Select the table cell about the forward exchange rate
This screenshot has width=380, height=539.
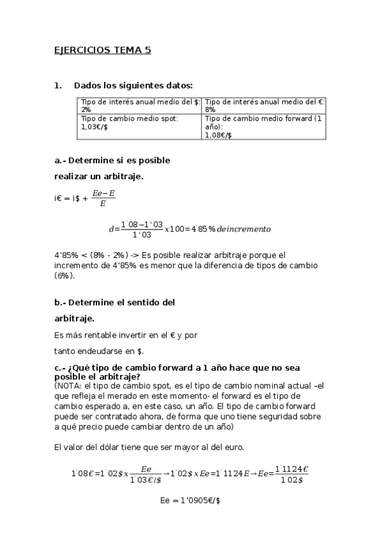click(x=265, y=126)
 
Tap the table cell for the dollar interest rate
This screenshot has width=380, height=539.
click(x=140, y=105)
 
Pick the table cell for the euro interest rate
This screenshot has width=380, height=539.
click(x=265, y=105)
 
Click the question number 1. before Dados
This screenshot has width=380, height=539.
click(x=58, y=85)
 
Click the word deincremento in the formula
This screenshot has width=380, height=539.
click(x=244, y=229)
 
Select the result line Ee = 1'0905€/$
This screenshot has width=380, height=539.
click(x=190, y=501)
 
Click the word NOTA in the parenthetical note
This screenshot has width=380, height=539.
click(x=68, y=385)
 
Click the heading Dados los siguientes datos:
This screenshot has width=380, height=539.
click(x=133, y=85)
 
